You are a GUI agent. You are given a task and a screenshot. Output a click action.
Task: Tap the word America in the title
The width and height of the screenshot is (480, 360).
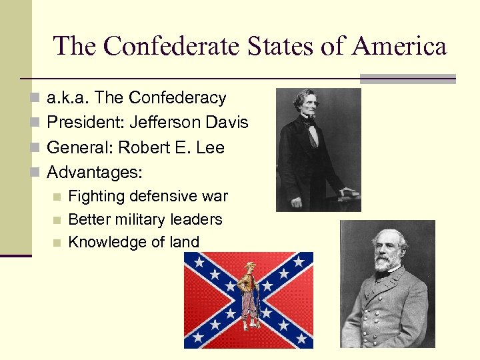pyautogui.click(x=399, y=47)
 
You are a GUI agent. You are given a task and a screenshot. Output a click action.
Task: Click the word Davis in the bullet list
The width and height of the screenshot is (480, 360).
pyautogui.click(x=227, y=123)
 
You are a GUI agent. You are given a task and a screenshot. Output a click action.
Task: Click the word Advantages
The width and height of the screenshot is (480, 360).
pyautogui.click(x=95, y=173)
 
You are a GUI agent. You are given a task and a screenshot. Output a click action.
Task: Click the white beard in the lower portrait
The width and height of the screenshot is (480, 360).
pyautogui.click(x=386, y=262)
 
